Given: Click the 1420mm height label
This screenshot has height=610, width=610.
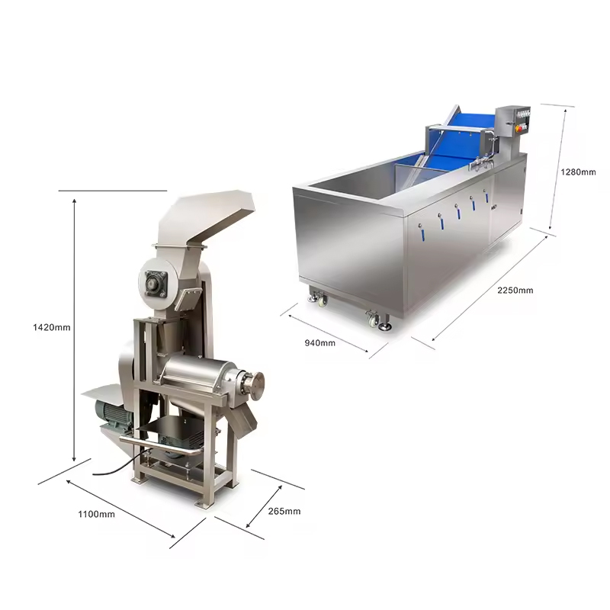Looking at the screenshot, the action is [x=52, y=328].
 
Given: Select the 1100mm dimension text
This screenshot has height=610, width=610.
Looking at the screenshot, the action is [x=97, y=514].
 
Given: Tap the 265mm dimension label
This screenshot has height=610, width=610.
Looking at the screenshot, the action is [x=284, y=511].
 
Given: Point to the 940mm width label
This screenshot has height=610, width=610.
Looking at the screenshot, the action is [x=319, y=342].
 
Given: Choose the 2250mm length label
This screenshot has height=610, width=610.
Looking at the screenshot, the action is [x=515, y=291].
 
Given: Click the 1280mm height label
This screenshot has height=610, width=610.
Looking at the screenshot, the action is [x=578, y=172].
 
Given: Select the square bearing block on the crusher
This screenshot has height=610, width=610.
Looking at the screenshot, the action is [x=156, y=284].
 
